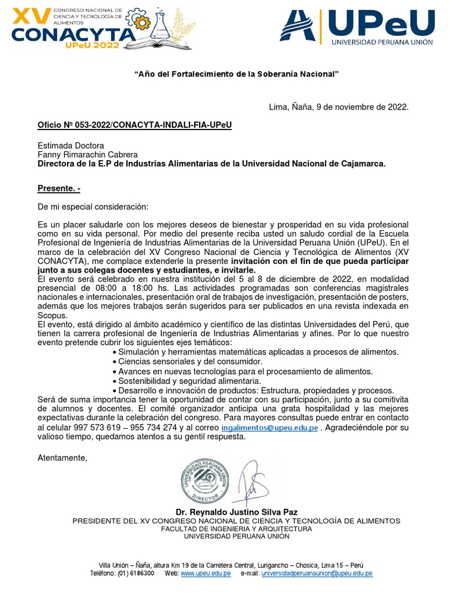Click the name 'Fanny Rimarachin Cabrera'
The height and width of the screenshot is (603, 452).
point(88,154)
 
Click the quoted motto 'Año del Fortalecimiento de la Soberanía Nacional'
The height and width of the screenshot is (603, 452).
point(237,74)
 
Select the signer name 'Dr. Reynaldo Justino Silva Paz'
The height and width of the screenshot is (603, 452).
point(236,512)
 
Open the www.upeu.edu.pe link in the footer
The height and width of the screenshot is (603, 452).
point(205,573)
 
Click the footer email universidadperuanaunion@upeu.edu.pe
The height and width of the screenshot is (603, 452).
point(317,573)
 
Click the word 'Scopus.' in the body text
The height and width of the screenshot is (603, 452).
point(52,316)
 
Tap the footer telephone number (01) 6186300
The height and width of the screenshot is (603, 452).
point(136,573)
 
